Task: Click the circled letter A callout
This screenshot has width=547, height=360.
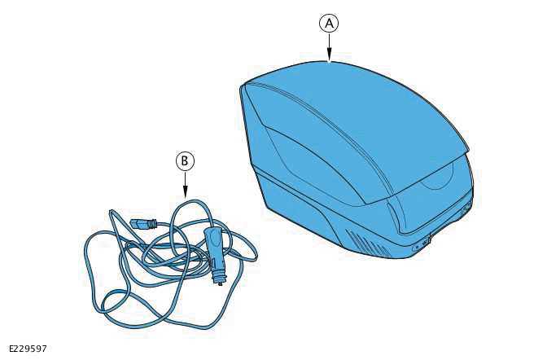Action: pyautogui.click(x=328, y=24)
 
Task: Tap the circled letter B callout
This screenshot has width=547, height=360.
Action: pyautogui.click(x=186, y=161)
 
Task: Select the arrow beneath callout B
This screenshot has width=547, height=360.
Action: pyautogui.click(x=186, y=187)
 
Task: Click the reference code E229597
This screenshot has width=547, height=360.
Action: pyautogui.click(x=28, y=349)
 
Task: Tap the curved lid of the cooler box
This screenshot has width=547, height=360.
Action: pyautogui.click(x=358, y=122)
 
